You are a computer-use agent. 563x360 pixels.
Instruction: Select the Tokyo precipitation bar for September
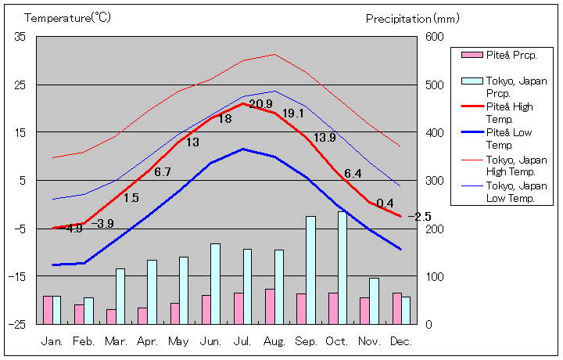[x=310, y=270]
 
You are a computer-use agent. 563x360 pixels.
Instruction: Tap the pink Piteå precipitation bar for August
[x=270, y=306]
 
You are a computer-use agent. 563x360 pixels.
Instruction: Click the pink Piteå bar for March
[x=111, y=316]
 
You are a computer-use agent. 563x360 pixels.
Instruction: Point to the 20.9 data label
[x=260, y=104]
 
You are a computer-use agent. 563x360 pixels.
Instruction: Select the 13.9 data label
[x=325, y=138]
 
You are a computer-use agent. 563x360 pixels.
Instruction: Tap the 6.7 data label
[x=163, y=172]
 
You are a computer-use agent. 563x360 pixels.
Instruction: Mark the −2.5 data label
[x=419, y=217]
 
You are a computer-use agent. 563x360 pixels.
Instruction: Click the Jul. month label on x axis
[x=243, y=341]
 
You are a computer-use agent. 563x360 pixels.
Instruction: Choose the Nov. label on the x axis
[x=370, y=341]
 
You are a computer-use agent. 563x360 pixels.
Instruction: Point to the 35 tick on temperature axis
[x=20, y=37]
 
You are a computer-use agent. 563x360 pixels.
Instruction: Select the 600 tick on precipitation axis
[x=435, y=37]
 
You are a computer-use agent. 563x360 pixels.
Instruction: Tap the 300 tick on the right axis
[x=435, y=181]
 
